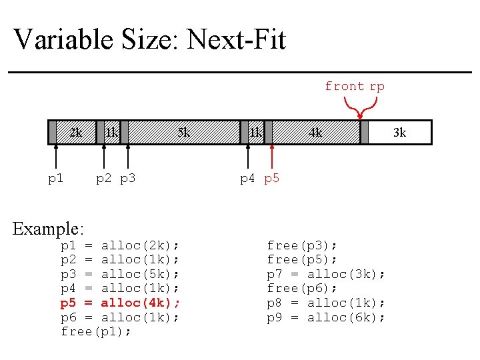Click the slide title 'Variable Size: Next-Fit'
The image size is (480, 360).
click(x=149, y=39)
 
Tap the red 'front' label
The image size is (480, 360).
click(x=344, y=86)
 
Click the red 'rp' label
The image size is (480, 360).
click(x=377, y=86)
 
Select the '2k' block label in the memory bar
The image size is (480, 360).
click(x=76, y=133)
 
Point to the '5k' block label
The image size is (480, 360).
click(x=183, y=133)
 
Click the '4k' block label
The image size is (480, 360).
click(x=315, y=133)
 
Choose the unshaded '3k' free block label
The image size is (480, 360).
click(x=399, y=133)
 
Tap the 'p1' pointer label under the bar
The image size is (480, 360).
click(x=56, y=179)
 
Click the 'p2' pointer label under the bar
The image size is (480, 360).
click(x=104, y=179)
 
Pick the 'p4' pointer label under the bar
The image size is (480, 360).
click(x=248, y=179)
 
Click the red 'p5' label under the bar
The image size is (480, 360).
click(x=272, y=179)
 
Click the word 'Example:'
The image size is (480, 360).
click(x=49, y=229)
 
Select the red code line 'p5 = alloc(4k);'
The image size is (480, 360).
click(x=120, y=303)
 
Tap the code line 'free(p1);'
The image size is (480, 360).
click(x=96, y=331)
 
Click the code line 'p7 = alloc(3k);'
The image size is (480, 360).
click(x=326, y=274)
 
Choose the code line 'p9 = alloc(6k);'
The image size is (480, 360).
click(x=326, y=317)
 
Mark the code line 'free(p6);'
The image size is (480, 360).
click(x=302, y=288)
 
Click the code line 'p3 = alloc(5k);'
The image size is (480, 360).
click(x=120, y=274)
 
